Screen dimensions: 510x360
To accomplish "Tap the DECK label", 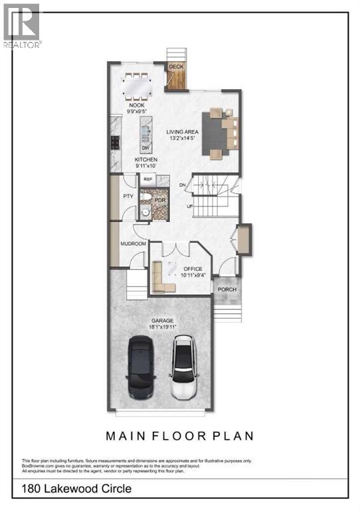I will click(176, 67).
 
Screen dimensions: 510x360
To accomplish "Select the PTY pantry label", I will click(128, 197).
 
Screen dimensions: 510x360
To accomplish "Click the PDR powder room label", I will click(159, 201).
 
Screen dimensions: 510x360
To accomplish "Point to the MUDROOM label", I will click(133, 244).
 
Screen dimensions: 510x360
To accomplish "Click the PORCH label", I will click(227, 290).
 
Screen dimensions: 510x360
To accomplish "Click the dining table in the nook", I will click(137, 84).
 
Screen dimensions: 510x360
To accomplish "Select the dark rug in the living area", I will click(219, 131).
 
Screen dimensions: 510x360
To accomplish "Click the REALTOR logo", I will click(21, 25).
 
